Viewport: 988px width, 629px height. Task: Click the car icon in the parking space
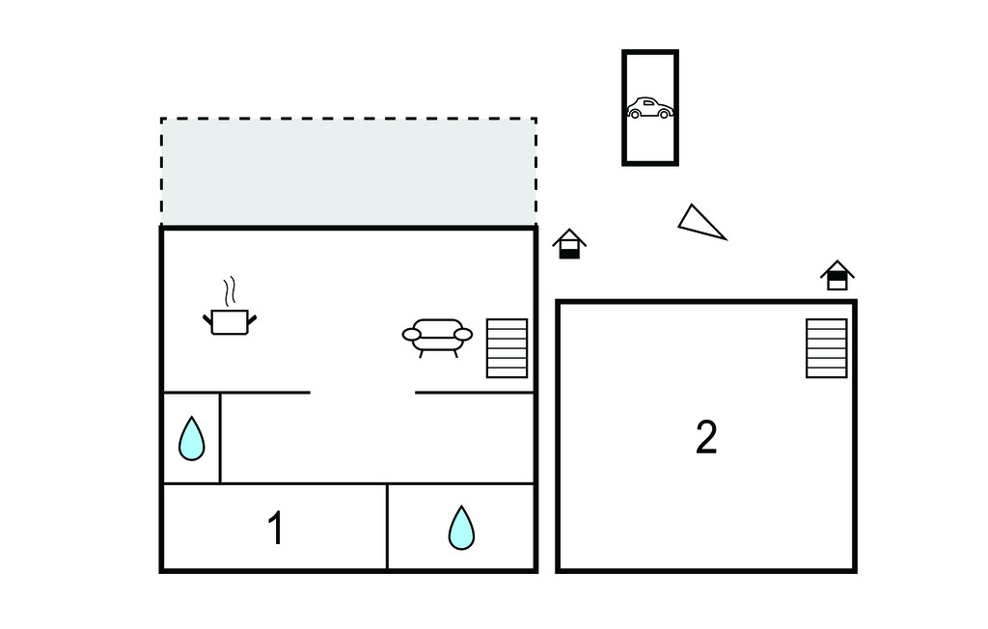pyautogui.click(x=649, y=108)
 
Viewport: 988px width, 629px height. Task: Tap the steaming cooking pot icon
pyautogui.click(x=230, y=320)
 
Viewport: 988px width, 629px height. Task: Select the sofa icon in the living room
pyautogui.click(x=437, y=336)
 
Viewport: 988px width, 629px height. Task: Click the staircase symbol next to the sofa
pyautogui.click(x=507, y=347)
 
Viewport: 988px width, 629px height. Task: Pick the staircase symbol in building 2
pyautogui.click(x=827, y=347)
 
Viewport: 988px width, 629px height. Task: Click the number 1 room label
pyautogui.click(x=276, y=529)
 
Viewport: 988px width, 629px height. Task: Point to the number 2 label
pyautogui.click(x=706, y=438)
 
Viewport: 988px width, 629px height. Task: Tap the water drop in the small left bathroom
pyautogui.click(x=192, y=439)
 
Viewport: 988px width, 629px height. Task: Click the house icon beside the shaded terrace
pyautogui.click(x=569, y=243)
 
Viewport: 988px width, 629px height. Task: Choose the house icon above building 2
pyautogui.click(x=837, y=275)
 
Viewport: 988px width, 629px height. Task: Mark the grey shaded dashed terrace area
pyautogui.click(x=347, y=172)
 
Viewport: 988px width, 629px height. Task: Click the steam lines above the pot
pyautogui.click(x=229, y=290)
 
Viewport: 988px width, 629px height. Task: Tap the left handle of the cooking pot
pyautogui.click(x=208, y=318)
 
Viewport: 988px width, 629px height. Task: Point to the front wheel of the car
pyautogui.click(x=664, y=114)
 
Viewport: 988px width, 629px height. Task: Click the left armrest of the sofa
pyautogui.click(x=412, y=335)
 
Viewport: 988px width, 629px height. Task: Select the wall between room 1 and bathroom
pyautogui.click(x=387, y=527)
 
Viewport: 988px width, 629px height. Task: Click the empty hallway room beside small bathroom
pyautogui.click(x=376, y=438)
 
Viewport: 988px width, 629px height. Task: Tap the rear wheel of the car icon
pyautogui.click(x=635, y=114)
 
